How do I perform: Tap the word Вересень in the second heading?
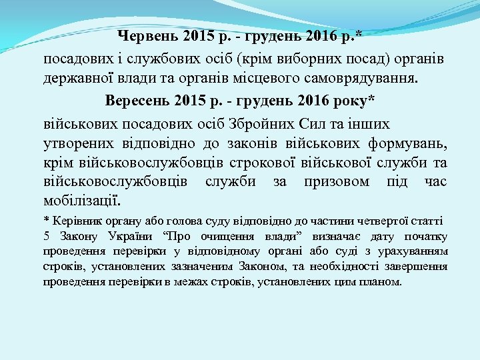[x=137, y=101]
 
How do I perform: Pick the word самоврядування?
[x=367, y=79]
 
